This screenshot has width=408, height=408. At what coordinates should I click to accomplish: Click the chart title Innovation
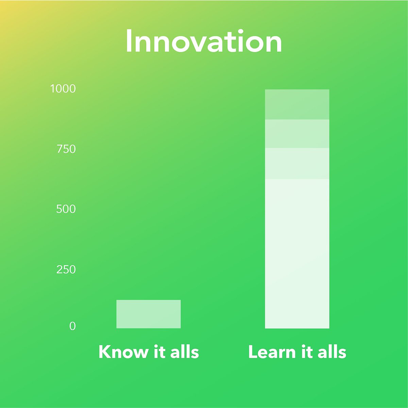coord(204,41)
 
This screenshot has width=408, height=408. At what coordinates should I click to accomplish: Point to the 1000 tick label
coord(63,89)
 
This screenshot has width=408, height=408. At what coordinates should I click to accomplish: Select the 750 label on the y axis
coord(66,149)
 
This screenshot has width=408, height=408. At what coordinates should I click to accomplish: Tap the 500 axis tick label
coord(66,209)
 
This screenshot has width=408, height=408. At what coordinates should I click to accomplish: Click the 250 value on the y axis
coord(66,269)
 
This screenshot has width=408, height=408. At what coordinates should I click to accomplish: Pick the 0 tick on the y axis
coord(72,326)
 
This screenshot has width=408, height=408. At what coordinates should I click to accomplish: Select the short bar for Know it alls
coord(148,314)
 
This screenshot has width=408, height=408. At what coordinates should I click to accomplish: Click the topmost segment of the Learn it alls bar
coord(297,104)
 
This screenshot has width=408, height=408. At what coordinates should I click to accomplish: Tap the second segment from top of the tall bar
coord(297,134)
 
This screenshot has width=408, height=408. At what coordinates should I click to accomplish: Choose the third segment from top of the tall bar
coord(297,163)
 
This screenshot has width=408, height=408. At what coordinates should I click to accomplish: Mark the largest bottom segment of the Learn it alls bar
coord(297,253)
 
